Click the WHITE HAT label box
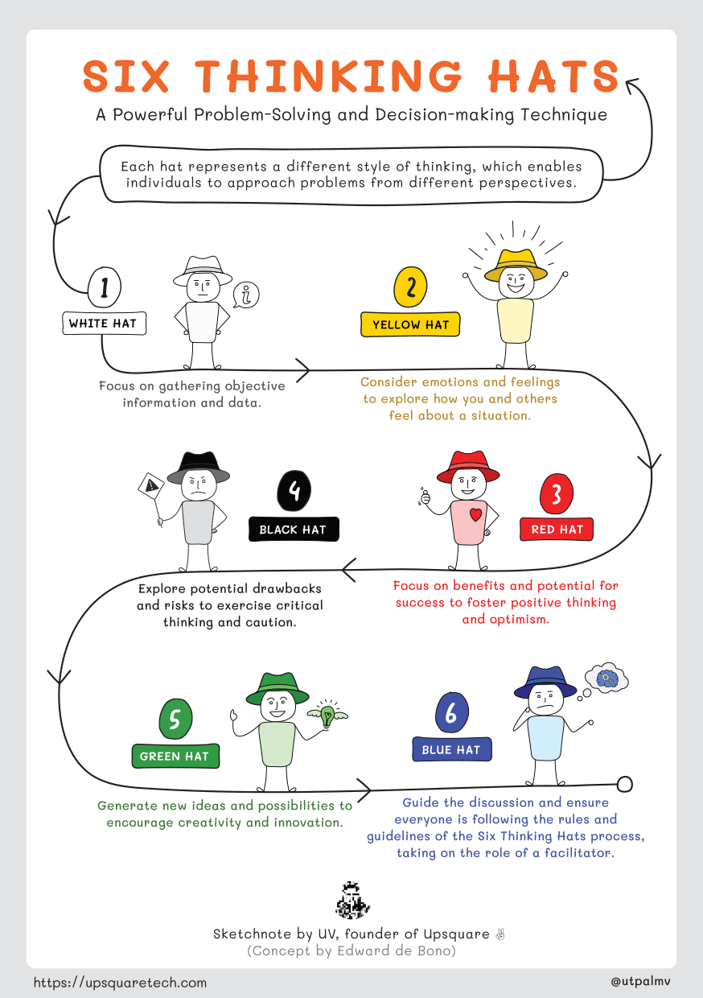pos(102,324)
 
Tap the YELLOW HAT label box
pos(410,325)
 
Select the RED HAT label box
pos(557,530)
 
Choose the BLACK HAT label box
pos(293,530)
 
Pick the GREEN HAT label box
pos(175,757)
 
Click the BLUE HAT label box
pos(451,749)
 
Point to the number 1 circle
pos(105,287)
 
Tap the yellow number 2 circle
pos(411,287)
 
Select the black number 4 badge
pos(294,491)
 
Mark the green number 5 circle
pos(175,718)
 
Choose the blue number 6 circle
pos(451,713)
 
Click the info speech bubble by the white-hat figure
pos(246,295)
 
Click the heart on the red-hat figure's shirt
pos(475,514)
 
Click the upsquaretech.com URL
pos(120,982)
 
